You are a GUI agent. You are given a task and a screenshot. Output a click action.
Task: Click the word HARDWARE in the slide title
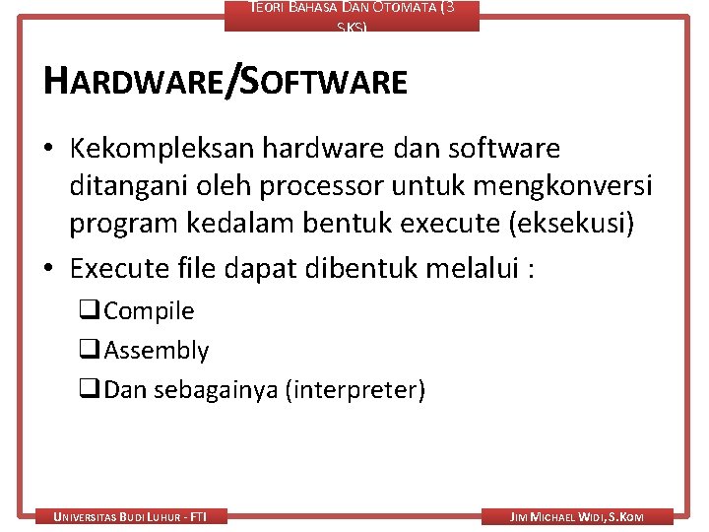[132, 82]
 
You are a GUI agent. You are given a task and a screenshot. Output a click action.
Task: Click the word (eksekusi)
[572, 224]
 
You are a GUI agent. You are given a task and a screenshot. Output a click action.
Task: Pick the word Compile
[149, 311]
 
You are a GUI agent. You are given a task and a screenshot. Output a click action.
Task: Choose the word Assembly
[157, 351]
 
